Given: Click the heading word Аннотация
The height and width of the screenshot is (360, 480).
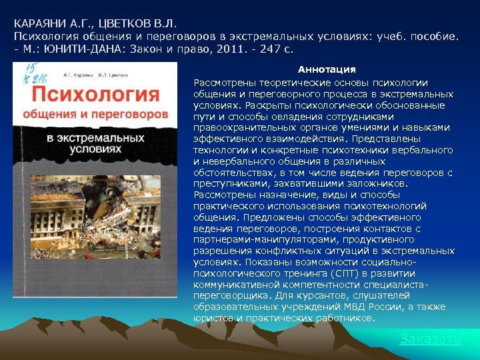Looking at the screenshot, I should tap(327, 69).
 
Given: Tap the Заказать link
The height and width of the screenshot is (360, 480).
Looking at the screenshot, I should tap(430, 339).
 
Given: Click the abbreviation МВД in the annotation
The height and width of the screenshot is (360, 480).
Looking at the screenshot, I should tap(364, 307).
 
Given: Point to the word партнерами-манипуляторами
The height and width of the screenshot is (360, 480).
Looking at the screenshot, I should tap(253, 239).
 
